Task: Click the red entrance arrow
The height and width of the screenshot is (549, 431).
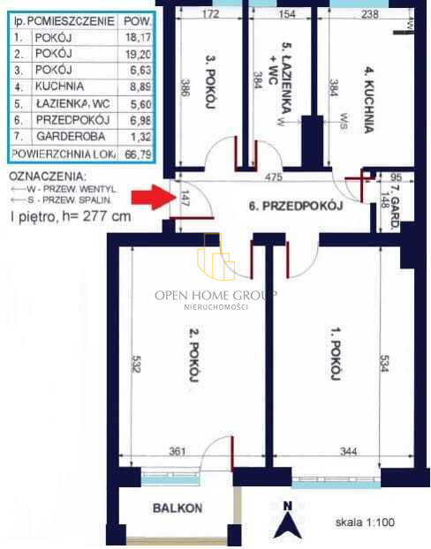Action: pyautogui.click(x=154, y=197)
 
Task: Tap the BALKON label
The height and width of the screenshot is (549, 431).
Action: pyautogui.click(x=178, y=508)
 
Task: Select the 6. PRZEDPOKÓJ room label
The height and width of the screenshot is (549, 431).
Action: pyautogui.click(x=296, y=206)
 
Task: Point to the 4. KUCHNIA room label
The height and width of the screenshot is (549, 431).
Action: pyautogui.click(x=367, y=101)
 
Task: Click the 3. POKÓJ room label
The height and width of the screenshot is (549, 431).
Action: pyautogui.click(x=209, y=81)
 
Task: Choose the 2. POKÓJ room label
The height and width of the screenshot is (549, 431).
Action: pyautogui.click(x=193, y=355)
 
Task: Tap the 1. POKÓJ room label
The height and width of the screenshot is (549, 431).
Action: pyautogui.click(x=336, y=353)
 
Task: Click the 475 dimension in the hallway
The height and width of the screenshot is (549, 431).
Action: pyautogui.click(x=273, y=177)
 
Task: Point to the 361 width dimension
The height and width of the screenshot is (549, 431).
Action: pyautogui.click(x=178, y=451)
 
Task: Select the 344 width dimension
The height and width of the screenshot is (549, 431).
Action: pyautogui.click(x=348, y=451)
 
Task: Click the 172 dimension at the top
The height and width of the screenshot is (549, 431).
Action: pyautogui.click(x=211, y=13)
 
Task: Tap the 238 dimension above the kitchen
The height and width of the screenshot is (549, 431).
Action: pyautogui.click(x=370, y=13)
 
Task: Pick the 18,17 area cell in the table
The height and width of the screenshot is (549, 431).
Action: pyautogui.click(x=138, y=37)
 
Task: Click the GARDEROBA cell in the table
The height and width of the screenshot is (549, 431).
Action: pyautogui.click(x=71, y=136)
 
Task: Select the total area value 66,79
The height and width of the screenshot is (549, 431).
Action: pyautogui.click(x=138, y=154)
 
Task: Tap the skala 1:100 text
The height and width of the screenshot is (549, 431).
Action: pyautogui.click(x=365, y=522)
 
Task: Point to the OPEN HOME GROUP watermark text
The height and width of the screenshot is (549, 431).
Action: pyautogui.click(x=215, y=295)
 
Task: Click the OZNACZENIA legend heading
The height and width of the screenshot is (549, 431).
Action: pyautogui.click(x=48, y=177)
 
